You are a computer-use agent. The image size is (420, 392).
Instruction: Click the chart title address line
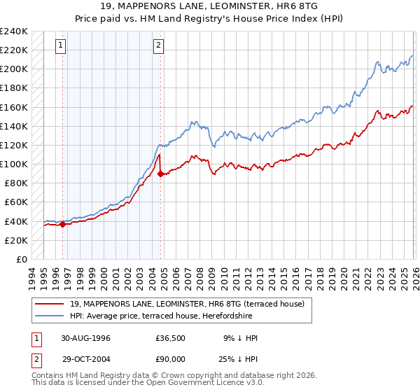point(210,6)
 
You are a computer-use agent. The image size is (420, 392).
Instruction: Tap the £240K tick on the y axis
point(14,31)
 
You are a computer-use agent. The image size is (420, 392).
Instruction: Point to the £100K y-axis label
point(14,164)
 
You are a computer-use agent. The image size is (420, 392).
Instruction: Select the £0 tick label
point(21,259)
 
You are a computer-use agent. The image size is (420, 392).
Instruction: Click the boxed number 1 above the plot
point(62,46)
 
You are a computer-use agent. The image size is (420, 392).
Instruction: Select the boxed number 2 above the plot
point(159,46)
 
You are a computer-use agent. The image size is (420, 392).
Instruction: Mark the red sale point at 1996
point(63,224)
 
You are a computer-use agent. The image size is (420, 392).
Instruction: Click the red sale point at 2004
point(160,174)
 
